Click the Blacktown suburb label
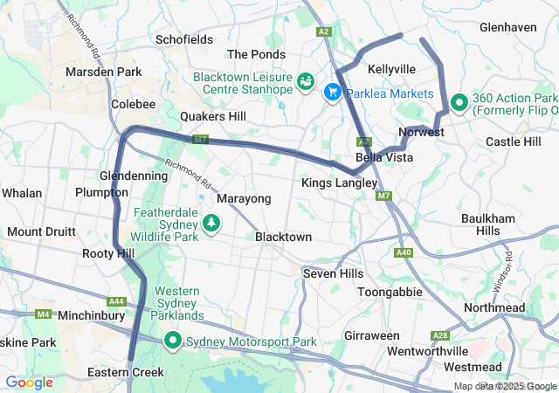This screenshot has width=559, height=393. pyautogui.click(x=283, y=237)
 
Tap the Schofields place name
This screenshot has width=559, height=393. pyautogui.click(x=184, y=39)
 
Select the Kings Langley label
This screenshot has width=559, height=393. pyautogui.click(x=339, y=183)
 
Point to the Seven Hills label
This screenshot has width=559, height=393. pyautogui.click(x=333, y=273)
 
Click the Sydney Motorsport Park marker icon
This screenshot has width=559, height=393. pyautogui.click(x=173, y=341)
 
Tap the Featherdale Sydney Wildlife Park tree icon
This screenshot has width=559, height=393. pyautogui.click(x=210, y=224)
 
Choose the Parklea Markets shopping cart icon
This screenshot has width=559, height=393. pyautogui.click(x=333, y=93)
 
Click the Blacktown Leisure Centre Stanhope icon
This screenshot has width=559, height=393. pyautogui.click(x=306, y=82)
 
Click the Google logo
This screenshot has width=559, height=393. pyautogui.click(x=29, y=382)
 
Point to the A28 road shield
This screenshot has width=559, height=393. pyautogui.click(x=440, y=335)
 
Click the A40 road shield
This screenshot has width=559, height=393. pyautogui.click(x=403, y=252)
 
